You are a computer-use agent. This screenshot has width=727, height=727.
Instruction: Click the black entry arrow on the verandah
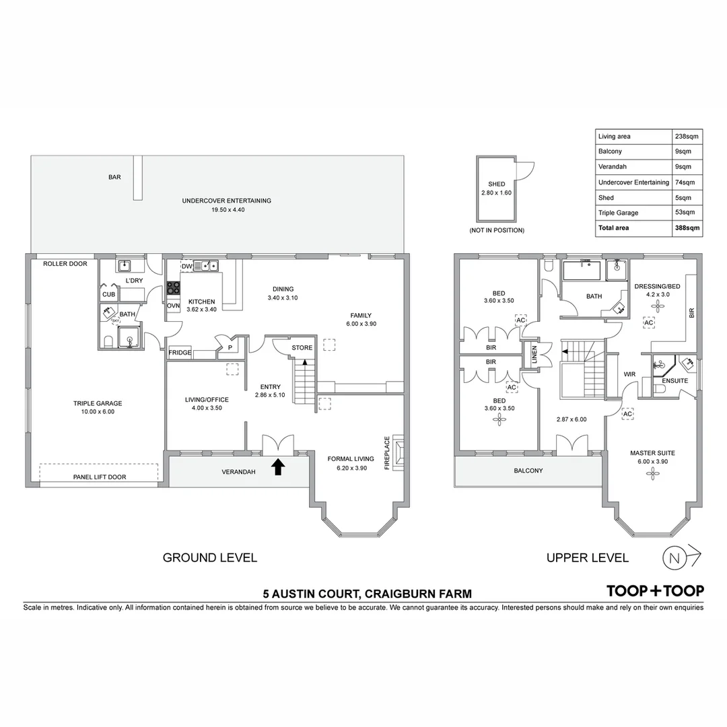coord(277,466)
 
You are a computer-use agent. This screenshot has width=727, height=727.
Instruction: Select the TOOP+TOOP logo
coord(655,590)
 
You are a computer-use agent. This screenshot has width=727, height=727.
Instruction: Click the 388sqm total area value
coord(687,228)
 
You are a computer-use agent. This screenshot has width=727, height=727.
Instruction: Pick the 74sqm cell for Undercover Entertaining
coord(685,182)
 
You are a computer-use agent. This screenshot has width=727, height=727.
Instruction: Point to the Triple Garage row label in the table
coord(618,213)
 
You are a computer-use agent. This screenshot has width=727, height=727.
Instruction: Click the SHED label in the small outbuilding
coord(497,184)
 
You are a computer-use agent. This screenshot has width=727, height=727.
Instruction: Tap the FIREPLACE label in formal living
coord(387,452)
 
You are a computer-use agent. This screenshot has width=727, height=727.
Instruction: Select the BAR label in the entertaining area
coord(114,178)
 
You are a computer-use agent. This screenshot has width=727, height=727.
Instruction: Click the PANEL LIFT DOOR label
coord(99,477)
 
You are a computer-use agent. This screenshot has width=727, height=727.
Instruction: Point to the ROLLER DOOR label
coord(65,264)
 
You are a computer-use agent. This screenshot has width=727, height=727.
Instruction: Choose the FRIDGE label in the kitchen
coord(180,353)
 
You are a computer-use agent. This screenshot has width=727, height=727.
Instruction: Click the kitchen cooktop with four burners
coord(174,288)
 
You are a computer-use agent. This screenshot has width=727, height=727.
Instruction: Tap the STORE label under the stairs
coord(302,348)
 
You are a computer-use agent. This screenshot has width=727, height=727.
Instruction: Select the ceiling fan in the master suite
coord(652,474)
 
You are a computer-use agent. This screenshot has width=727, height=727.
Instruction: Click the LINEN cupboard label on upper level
coord(534,355)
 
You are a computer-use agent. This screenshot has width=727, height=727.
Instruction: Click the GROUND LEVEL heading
coord(210,557)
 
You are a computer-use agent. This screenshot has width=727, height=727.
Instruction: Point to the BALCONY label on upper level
coord(528,471)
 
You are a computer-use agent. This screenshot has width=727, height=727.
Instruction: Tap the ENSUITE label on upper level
coord(675,381)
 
